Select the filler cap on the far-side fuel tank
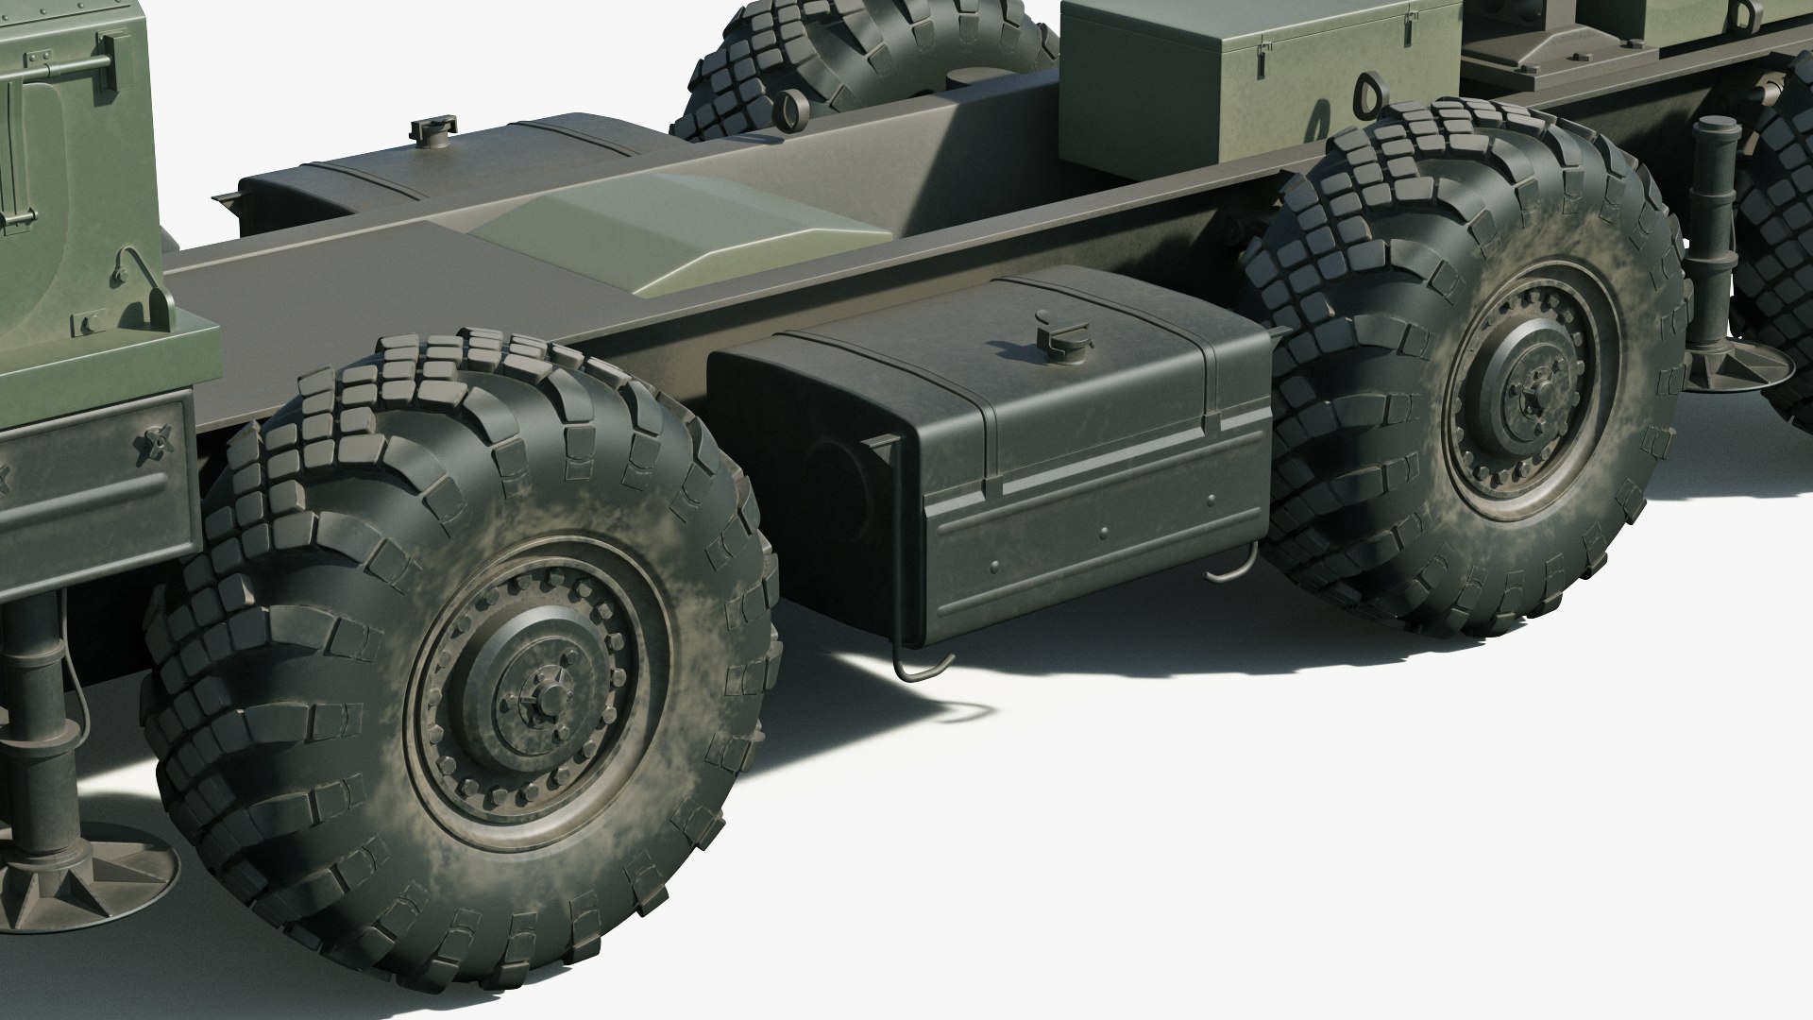435,135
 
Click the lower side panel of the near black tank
1095,538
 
